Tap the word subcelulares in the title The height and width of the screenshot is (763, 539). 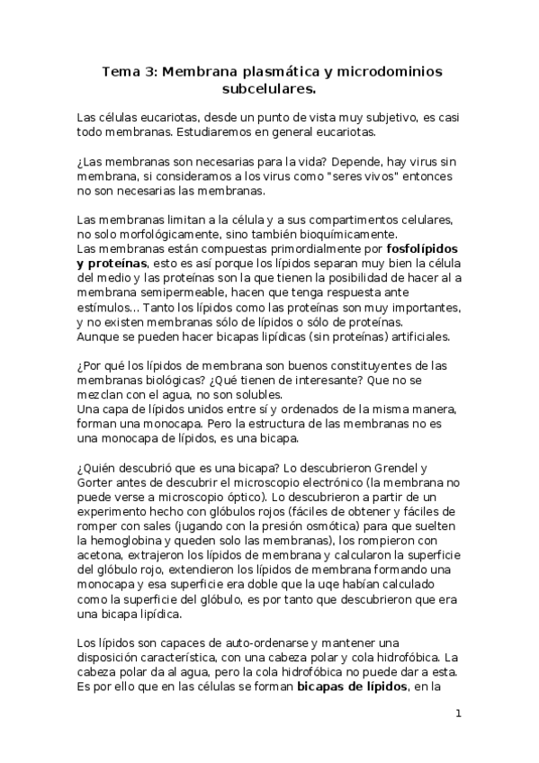pyautogui.click(x=269, y=89)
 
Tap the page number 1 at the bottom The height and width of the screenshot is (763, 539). pyautogui.click(x=459, y=714)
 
